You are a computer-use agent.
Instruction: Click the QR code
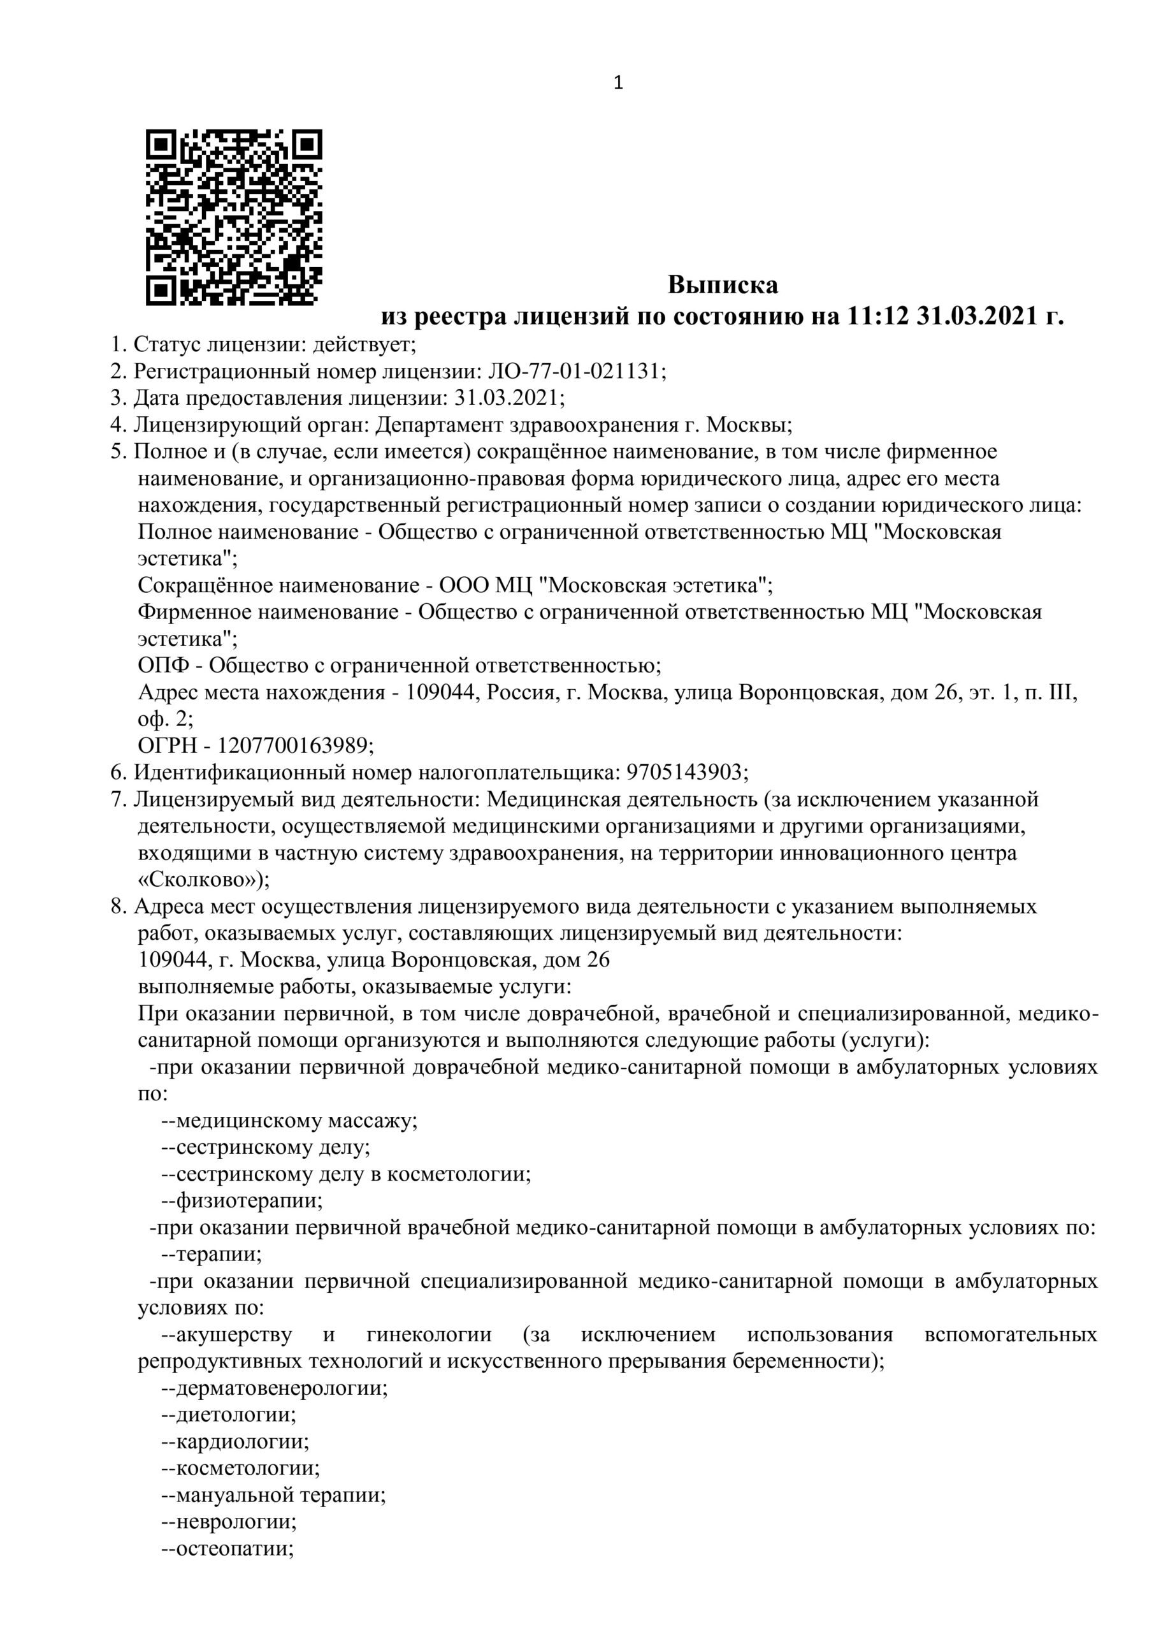pos(234,217)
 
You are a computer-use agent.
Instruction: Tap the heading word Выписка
pos(723,285)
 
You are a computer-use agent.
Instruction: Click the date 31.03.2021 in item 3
pos(506,397)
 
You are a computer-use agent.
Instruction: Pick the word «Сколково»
pos(199,880)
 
